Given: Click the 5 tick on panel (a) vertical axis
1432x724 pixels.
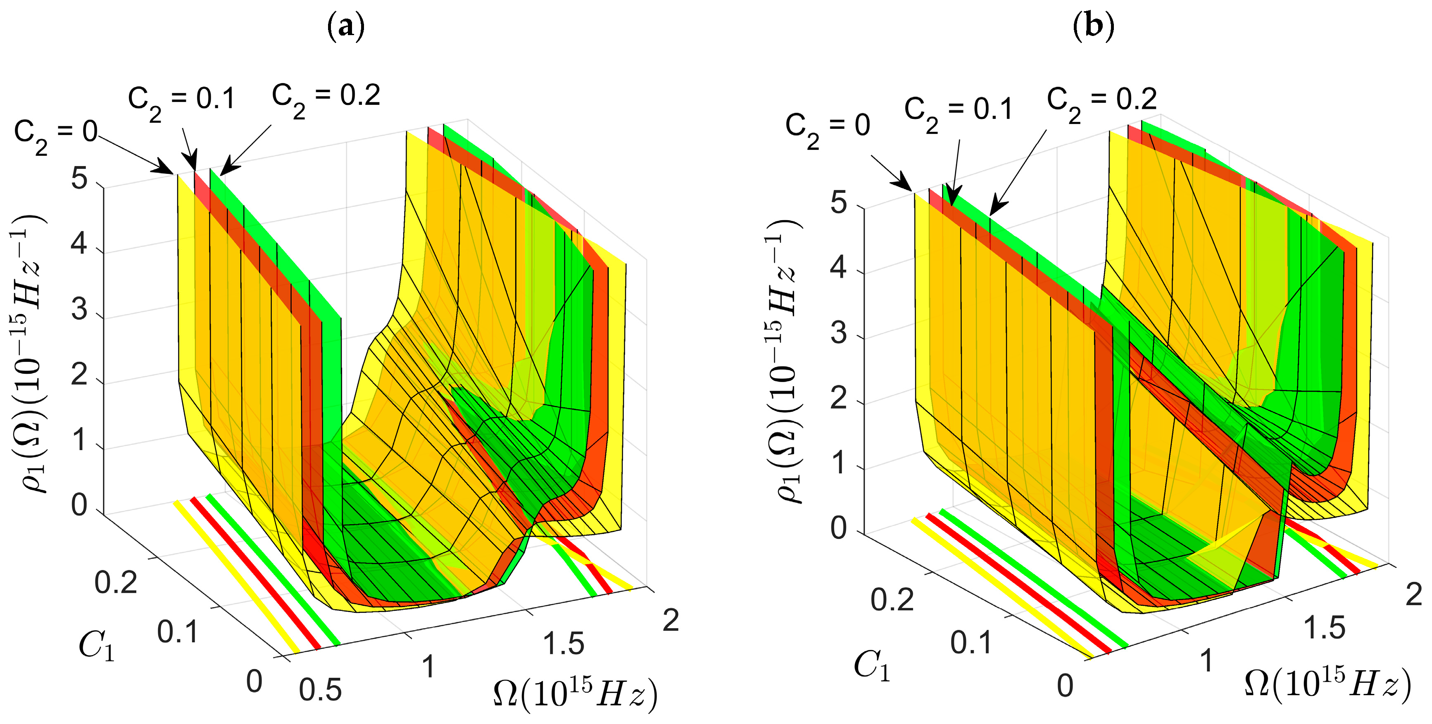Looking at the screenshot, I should click(79, 180).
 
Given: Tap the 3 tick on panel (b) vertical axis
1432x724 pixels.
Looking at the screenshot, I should click(838, 333).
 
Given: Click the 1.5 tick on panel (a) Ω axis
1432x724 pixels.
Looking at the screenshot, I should click(563, 644).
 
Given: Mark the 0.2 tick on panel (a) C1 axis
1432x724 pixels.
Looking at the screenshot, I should click(116, 583).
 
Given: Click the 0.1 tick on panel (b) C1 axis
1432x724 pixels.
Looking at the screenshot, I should click(971, 643).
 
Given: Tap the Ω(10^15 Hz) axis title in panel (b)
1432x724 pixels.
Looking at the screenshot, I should click(1327, 684).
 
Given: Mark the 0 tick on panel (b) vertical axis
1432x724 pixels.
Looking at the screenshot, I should click(838, 528).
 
